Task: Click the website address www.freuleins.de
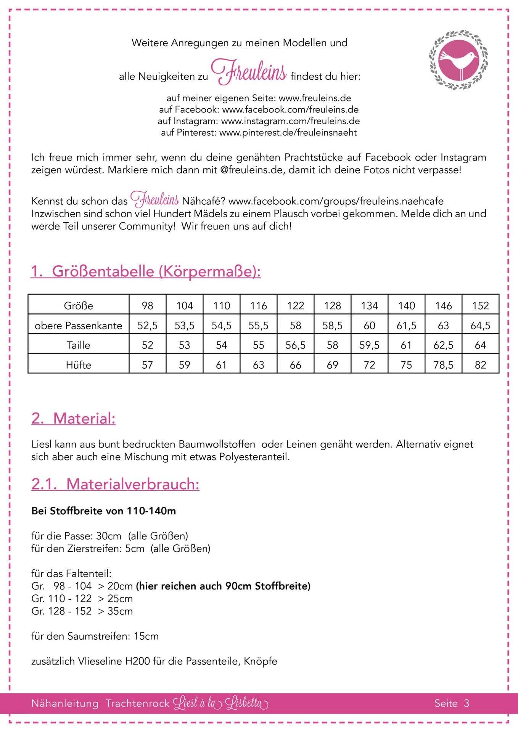tap(315, 98)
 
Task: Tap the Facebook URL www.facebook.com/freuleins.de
tap(290, 110)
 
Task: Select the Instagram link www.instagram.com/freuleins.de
tap(290, 121)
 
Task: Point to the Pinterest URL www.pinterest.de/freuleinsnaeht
tap(288, 133)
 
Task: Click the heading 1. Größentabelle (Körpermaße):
tap(145, 271)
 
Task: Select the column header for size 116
tap(258, 305)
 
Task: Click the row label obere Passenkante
tap(78, 325)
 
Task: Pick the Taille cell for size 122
tap(295, 345)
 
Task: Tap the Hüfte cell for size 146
tap(443, 365)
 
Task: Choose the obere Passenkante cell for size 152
tap(480, 325)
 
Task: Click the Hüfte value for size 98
tap(147, 365)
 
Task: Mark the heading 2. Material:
tap(73, 418)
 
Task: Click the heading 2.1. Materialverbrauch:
tap(115, 484)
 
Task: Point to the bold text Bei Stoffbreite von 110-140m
tap(103, 511)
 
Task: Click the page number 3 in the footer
tap(466, 703)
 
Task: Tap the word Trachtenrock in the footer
tap(137, 703)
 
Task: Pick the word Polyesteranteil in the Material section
tap(254, 457)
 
